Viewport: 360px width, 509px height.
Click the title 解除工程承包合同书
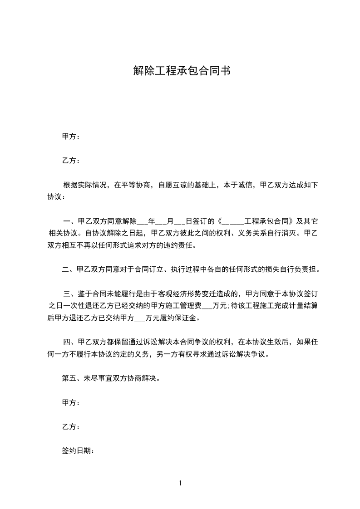pyautogui.click(x=180, y=71)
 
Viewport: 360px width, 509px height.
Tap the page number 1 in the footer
pyautogui.click(x=180, y=483)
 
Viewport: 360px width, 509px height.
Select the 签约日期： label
pyautogui.click(x=78, y=451)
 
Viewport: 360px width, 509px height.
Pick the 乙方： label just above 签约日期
pyautogui.click(x=71, y=426)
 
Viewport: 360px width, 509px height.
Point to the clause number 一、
pyautogui.click(x=70, y=222)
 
